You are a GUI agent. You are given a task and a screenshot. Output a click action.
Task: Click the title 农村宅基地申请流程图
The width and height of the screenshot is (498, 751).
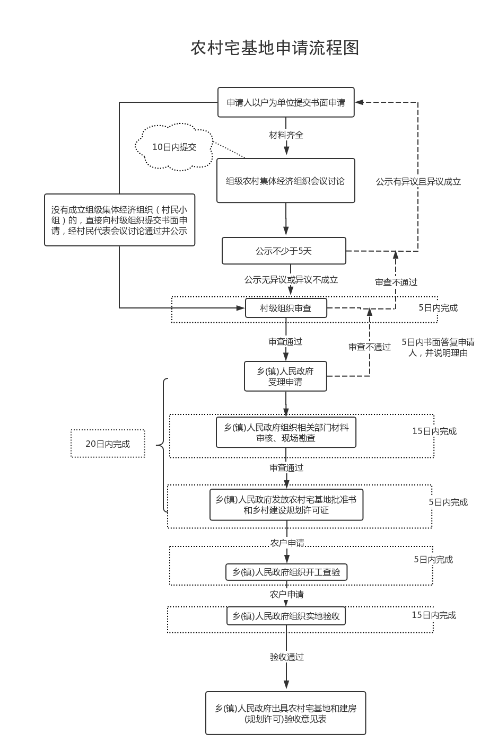[275, 48]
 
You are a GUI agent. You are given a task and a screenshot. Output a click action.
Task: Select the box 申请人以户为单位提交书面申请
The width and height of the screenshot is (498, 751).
[286, 102]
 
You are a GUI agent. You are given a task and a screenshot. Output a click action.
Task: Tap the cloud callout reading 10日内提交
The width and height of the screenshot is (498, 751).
[174, 147]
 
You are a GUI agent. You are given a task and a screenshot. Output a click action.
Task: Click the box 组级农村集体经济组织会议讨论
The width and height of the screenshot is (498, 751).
[285, 181]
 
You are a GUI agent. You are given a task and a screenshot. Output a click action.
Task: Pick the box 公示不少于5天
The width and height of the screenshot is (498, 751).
[284, 251]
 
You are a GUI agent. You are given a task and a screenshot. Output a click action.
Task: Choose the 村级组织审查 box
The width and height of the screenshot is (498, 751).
[286, 308]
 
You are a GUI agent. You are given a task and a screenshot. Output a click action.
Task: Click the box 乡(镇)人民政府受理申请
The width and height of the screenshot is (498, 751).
[285, 376]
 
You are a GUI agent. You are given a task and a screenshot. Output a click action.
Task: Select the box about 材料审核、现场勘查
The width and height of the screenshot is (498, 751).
[286, 432]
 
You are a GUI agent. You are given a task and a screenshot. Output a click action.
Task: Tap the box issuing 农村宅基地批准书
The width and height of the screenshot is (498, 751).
[286, 505]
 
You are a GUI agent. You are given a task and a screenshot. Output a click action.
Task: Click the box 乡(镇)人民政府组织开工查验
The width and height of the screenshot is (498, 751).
[286, 572]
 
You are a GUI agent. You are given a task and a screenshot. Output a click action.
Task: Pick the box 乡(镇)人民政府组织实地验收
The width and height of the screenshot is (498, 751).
[286, 616]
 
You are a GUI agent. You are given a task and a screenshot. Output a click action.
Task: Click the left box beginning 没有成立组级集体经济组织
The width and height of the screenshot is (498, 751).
[119, 220]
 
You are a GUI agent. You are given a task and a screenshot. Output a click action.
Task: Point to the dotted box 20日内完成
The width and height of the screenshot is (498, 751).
[108, 444]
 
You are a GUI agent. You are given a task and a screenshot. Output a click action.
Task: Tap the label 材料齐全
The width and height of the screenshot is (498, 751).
[286, 135]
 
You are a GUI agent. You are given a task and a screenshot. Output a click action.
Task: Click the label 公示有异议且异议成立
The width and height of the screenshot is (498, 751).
[418, 182]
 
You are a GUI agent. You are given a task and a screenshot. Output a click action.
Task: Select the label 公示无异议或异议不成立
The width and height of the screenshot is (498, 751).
[291, 280]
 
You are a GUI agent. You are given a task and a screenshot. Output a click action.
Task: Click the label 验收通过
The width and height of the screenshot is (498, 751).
[287, 657]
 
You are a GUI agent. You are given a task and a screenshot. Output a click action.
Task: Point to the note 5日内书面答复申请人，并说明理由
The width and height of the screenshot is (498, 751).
[438, 347]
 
